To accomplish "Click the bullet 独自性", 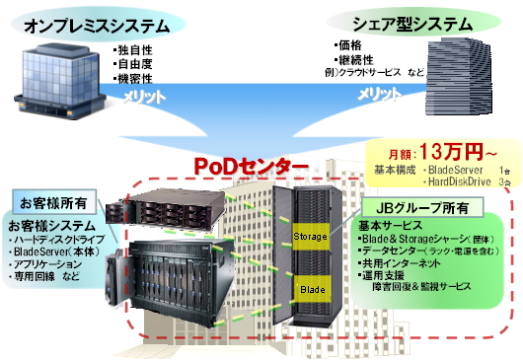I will point(134,47).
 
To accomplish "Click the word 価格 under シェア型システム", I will point(350,45).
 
